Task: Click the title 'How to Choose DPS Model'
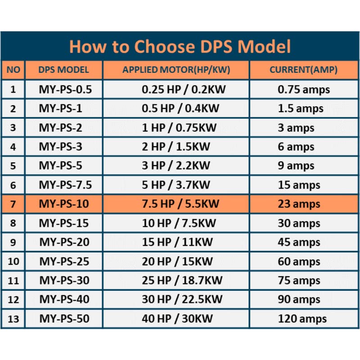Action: coord(180,47)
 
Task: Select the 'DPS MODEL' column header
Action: coord(63,70)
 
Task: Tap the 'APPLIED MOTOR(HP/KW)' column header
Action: coord(176,70)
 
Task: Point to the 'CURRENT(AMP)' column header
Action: coord(303,70)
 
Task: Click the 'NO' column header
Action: coord(13,70)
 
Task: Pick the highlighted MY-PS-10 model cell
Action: coord(64,204)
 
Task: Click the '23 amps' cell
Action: coord(299,204)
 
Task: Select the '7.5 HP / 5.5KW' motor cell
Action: coord(180,204)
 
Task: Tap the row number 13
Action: coord(13,319)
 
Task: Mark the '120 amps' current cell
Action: coord(302,319)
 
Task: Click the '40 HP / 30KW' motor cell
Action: coord(177,319)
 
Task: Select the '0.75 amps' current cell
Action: coord(304,90)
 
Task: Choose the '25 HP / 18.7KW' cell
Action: coord(182,281)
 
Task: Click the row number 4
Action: coord(13,147)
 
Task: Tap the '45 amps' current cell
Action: coord(299,243)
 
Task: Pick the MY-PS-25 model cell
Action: coord(64,261)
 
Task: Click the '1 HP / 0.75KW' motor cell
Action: coord(179,128)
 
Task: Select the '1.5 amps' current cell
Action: coord(301,108)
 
